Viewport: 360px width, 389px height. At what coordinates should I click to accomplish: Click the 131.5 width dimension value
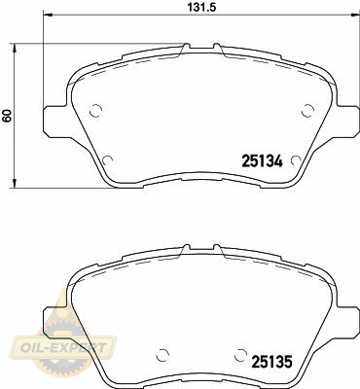(201, 7)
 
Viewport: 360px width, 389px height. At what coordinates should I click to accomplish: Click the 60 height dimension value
(7, 116)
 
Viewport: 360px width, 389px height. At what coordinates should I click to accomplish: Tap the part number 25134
(263, 160)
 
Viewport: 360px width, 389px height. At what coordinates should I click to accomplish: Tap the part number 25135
(271, 362)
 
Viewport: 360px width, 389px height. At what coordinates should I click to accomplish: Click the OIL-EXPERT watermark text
(63, 348)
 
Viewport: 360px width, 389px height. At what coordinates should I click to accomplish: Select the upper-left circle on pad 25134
(95, 111)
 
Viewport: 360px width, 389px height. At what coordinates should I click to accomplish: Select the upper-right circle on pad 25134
(307, 111)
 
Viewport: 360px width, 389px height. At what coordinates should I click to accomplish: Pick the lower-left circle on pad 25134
(107, 160)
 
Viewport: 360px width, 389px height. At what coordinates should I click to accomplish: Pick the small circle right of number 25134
(296, 160)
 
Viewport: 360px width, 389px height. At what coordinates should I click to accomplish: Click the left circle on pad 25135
(162, 356)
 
